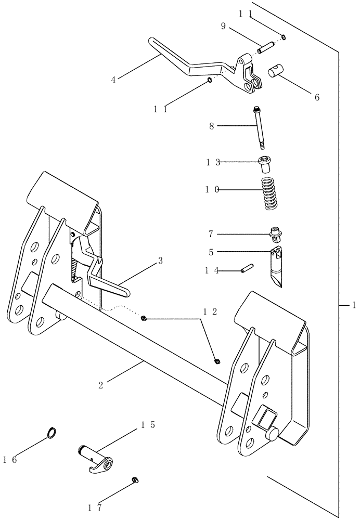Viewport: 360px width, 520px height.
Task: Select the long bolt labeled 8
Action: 258,127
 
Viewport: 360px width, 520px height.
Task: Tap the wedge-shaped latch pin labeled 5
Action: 277,267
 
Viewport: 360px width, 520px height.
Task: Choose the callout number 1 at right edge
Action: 353,305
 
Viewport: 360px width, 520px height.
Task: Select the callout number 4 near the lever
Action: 113,80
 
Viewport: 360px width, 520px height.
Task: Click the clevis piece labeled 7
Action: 277,236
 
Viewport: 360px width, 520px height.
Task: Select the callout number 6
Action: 317,97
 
